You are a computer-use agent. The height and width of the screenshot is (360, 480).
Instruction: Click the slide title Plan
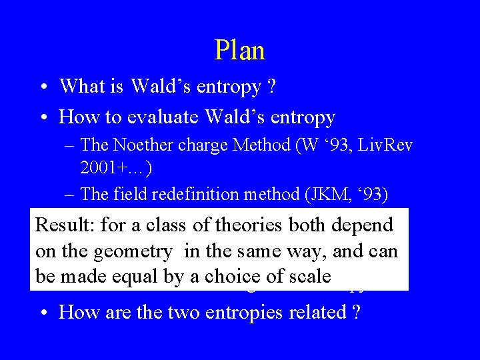click(x=240, y=51)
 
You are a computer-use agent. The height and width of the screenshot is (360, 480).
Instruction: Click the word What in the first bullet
click(x=79, y=86)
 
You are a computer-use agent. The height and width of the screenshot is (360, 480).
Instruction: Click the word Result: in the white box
click(x=64, y=225)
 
